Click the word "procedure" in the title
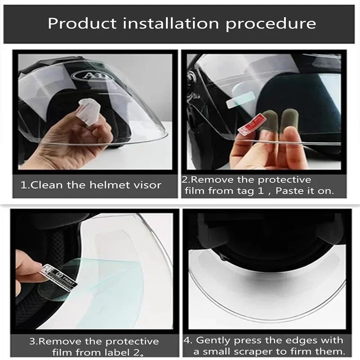click(x=270, y=23)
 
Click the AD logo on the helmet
click(x=92, y=74)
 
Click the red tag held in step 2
click(x=245, y=129)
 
